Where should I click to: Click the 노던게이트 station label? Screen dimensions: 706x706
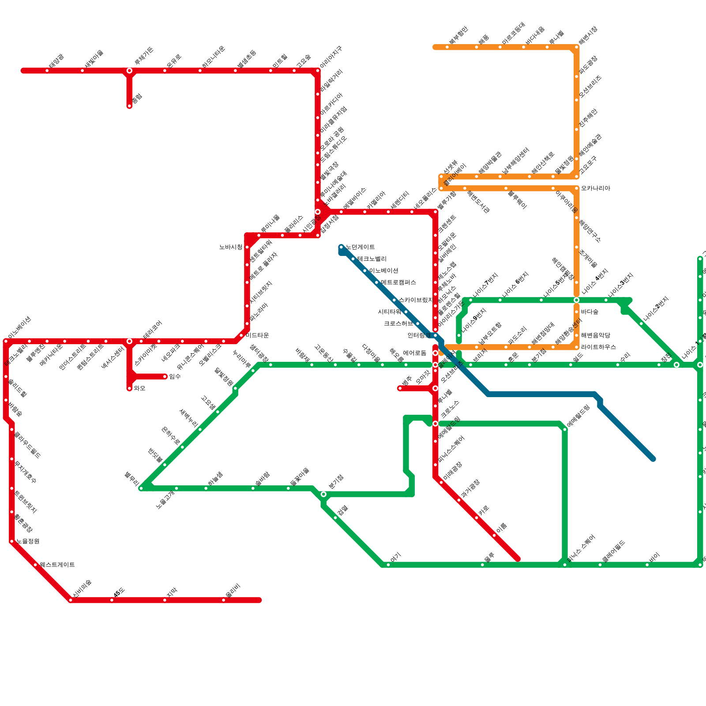point(360,247)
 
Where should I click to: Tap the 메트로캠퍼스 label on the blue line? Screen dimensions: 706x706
point(398,282)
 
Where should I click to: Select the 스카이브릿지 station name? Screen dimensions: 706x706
point(416,300)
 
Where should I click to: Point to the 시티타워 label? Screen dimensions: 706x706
point(389,312)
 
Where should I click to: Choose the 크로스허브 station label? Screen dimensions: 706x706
point(398,323)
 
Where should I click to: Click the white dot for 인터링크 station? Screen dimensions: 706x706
point(436,335)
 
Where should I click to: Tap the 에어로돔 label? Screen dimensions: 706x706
point(414,353)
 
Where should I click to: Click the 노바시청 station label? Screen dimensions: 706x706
point(231,247)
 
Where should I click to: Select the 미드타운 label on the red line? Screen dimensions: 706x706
point(257,335)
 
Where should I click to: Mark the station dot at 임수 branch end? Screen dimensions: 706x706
point(165,376)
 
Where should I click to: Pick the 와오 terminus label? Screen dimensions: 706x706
point(139,388)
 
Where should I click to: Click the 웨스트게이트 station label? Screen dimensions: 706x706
point(57,565)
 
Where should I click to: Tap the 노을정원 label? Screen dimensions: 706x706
point(28,541)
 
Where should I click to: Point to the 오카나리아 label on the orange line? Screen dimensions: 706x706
point(595,188)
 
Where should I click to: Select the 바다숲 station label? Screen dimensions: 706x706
point(590,312)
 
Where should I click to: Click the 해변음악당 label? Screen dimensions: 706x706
point(595,335)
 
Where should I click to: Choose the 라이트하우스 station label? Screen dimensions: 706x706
point(598,347)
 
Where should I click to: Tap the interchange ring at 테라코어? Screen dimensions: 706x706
point(129,341)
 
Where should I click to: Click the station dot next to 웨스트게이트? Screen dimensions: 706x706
point(35,565)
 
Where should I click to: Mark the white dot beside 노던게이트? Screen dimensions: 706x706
point(341,247)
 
